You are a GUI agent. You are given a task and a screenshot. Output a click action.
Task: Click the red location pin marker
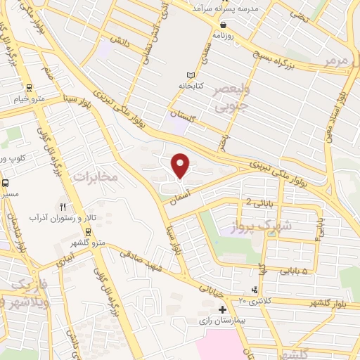click(181, 165)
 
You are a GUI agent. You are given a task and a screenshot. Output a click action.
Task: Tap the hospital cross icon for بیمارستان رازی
click(222, 309)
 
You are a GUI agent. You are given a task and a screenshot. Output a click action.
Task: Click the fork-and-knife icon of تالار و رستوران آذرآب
click(63, 207)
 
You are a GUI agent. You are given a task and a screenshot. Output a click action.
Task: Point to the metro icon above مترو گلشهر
click(88, 232)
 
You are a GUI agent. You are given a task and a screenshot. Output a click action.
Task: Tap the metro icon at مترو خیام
click(29, 88)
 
